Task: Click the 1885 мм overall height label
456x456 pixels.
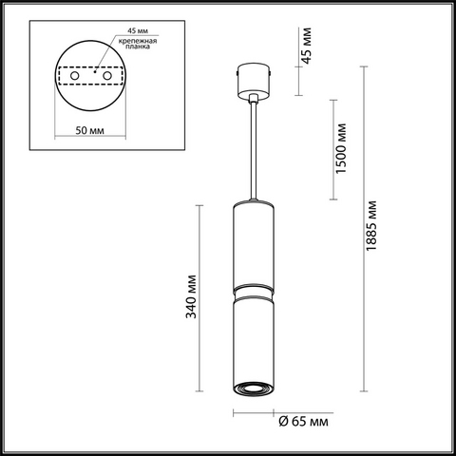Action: coord(371,225)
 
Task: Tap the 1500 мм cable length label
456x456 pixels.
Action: coord(341,148)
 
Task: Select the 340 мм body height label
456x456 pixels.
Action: coord(191,296)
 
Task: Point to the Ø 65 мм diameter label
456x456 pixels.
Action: coord(303,422)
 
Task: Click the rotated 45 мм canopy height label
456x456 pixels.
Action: coord(306,46)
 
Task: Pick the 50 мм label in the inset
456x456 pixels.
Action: coord(89,130)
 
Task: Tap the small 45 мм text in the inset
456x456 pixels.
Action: coord(138,30)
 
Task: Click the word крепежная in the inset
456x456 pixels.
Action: coord(138,41)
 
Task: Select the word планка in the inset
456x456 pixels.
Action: coord(138,47)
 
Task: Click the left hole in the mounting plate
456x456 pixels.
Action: coord(75,76)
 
